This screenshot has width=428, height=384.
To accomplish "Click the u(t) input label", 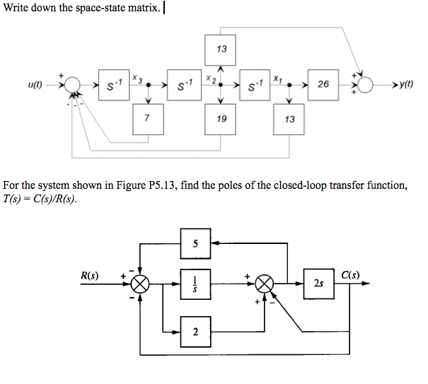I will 33,85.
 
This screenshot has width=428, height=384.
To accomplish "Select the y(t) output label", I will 405,85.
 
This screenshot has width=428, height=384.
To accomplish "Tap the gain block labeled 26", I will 323,85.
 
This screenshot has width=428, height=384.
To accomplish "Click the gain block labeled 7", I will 146,118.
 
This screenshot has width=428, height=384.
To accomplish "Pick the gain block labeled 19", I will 221,118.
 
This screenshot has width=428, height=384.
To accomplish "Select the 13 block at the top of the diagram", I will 221,49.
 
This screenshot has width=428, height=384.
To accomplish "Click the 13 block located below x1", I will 289,118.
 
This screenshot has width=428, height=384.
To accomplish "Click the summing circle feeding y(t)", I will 365,85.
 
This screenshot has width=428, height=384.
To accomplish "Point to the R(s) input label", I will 90,274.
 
